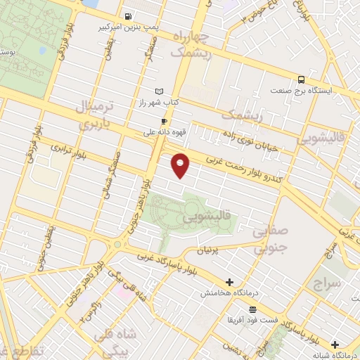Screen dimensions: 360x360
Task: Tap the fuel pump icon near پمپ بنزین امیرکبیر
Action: [x=127, y=16]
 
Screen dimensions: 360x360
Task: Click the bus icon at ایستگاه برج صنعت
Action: [x=301, y=79]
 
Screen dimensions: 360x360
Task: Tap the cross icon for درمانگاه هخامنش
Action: [x=229, y=282]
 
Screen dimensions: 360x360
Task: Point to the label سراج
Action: [x=327, y=283]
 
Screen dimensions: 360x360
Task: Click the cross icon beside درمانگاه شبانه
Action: [x=335, y=345]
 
